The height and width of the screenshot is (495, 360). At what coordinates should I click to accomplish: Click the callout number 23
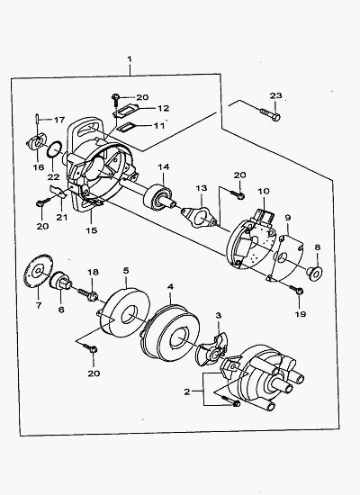tap(275, 95)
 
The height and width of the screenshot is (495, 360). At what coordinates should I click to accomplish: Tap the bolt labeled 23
tap(270, 114)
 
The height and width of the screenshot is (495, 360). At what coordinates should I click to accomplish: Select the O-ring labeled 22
tap(54, 148)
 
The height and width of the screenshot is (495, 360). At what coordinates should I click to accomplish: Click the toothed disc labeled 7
tap(38, 271)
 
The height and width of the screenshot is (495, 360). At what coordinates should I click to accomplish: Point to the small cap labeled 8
tap(314, 273)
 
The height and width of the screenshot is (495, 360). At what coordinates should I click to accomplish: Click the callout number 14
tap(164, 166)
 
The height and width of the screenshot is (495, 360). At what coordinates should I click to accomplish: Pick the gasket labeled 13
tap(199, 217)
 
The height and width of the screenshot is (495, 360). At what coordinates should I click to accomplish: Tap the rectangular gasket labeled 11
tap(126, 127)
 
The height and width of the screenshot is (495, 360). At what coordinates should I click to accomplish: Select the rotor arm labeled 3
tap(212, 349)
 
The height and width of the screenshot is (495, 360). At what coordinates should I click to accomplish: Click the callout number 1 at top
tap(130, 59)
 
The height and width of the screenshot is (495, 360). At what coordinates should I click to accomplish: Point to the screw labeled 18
tap(88, 294)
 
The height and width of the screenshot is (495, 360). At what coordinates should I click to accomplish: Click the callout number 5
tap(126, 271)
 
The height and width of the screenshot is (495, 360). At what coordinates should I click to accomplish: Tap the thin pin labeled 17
tap(37, 119)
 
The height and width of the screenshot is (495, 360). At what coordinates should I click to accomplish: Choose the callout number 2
tap(187, 391)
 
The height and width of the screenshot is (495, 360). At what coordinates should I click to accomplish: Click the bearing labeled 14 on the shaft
tap(157, 198)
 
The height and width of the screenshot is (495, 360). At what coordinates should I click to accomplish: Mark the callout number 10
tap(264, 191)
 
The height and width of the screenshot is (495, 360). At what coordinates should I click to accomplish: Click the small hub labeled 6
tap(60, 280)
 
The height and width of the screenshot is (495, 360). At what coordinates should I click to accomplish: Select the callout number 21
tap(62, 218)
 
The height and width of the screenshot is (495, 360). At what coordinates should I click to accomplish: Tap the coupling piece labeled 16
tap(36, 141)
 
